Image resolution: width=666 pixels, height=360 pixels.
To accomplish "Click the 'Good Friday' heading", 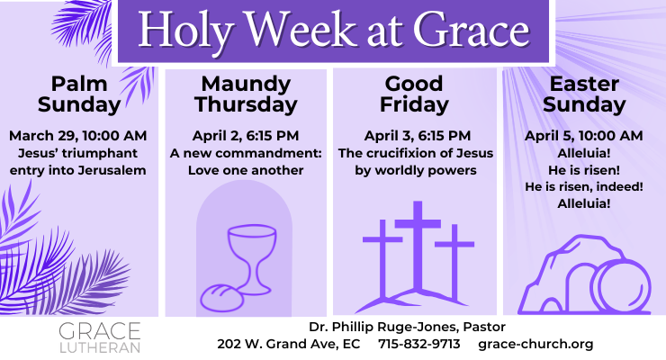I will (414, 94).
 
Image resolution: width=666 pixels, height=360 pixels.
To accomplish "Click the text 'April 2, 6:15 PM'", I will (247, 135).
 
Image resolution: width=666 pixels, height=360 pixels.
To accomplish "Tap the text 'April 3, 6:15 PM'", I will (414, 135).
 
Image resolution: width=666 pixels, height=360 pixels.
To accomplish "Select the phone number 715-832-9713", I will (419, 344).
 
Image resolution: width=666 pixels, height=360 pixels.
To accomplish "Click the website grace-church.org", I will (535, 344).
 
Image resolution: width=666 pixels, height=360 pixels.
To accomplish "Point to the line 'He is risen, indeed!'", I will (583, 187).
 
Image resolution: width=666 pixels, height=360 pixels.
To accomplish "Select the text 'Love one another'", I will (247, 170).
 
